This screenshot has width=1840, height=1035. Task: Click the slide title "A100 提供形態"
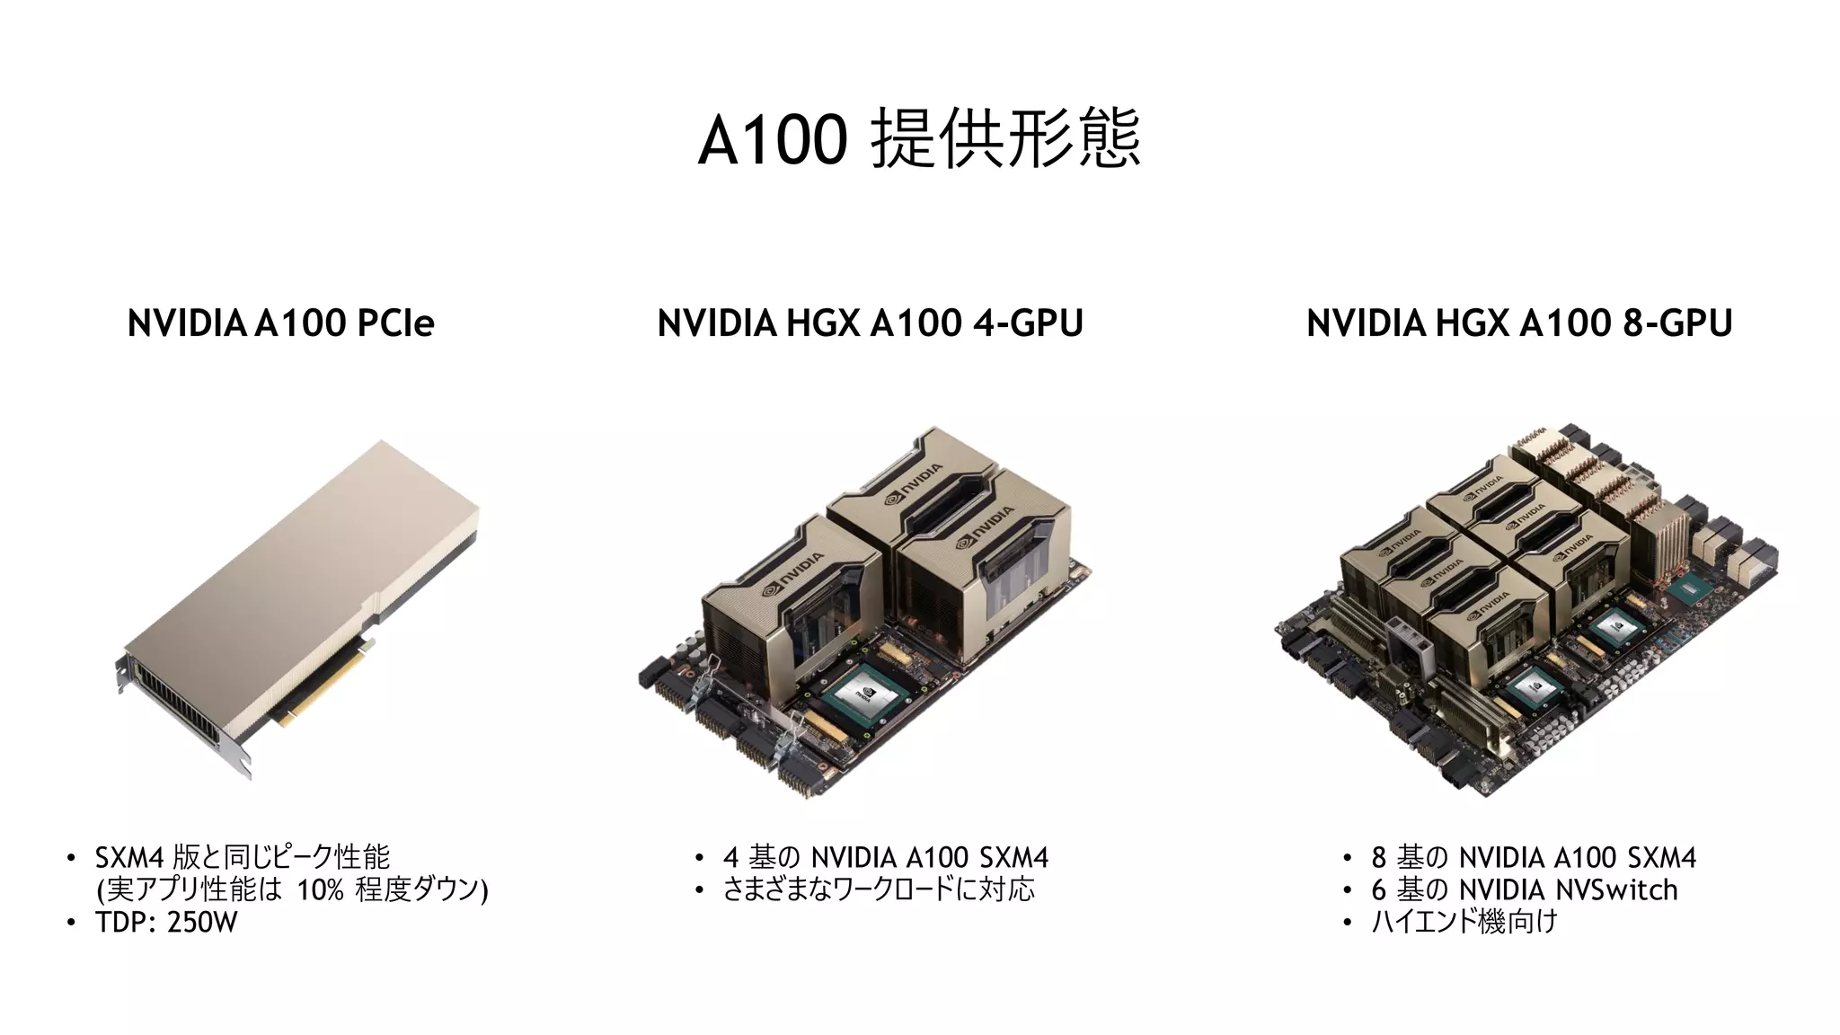[919, 138]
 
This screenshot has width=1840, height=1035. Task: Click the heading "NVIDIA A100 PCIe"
[280, 323]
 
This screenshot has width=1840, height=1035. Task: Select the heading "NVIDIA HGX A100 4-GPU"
[870, 323]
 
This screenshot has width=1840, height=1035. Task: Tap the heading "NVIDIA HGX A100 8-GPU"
[1518, 323]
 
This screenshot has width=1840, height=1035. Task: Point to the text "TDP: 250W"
[166, 923]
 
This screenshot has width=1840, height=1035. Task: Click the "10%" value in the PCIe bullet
[321, 890]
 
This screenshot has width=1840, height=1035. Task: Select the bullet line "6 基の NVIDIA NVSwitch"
[1524, 890]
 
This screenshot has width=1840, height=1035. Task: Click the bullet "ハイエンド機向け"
[1464, 923]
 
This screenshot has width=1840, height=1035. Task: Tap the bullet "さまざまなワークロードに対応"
[879, 890]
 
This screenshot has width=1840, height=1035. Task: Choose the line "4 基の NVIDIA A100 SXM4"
[885, 858]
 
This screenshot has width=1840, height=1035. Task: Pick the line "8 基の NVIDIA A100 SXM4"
[1534, 858]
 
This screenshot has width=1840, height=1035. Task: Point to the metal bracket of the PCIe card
[180, 719]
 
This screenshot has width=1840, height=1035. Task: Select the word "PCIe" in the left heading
[395, 323]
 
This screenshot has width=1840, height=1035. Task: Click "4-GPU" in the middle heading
[1028, 323]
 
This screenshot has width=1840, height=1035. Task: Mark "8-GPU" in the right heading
[1677, 323]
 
